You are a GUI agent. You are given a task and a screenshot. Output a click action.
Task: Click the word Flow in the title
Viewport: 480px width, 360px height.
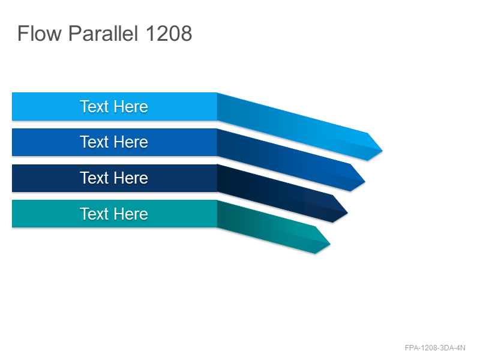tap(40, 33)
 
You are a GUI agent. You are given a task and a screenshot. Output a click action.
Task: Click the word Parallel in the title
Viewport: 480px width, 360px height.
tap(103, 33)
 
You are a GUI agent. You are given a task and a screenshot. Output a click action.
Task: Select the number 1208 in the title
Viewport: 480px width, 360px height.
tap(169, 33)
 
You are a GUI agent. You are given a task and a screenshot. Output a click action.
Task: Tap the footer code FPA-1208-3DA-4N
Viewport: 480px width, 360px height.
tap(435, 348)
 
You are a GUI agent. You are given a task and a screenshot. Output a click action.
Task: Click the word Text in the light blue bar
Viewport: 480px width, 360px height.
tap(94, 107)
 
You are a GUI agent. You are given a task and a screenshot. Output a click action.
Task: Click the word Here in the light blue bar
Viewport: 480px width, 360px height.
tap(131, 107)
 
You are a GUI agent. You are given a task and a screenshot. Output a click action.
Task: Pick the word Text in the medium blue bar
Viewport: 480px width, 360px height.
tap(94, 142)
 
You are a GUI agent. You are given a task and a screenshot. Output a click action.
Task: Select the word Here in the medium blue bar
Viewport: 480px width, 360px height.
tap(131, 142)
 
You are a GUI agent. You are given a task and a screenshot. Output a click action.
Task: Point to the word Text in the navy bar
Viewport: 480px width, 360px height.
tap(94, 178)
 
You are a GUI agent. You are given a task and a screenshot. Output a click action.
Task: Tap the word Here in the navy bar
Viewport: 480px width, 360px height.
tap(131, 178)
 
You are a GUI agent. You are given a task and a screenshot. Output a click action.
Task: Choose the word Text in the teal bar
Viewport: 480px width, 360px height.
tap(94, 214)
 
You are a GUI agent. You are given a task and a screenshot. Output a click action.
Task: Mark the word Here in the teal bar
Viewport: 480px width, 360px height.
tap(131, 214)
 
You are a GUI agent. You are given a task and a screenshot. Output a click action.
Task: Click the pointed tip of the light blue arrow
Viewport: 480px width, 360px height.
tap(382, 151)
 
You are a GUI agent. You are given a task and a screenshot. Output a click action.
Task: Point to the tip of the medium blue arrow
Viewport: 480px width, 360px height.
tap(365, 181)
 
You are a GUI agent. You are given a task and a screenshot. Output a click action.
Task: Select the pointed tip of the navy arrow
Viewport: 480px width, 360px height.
tap(347, 212)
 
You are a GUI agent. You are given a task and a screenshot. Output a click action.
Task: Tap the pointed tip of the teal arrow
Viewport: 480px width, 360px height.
tap(330, 244)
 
